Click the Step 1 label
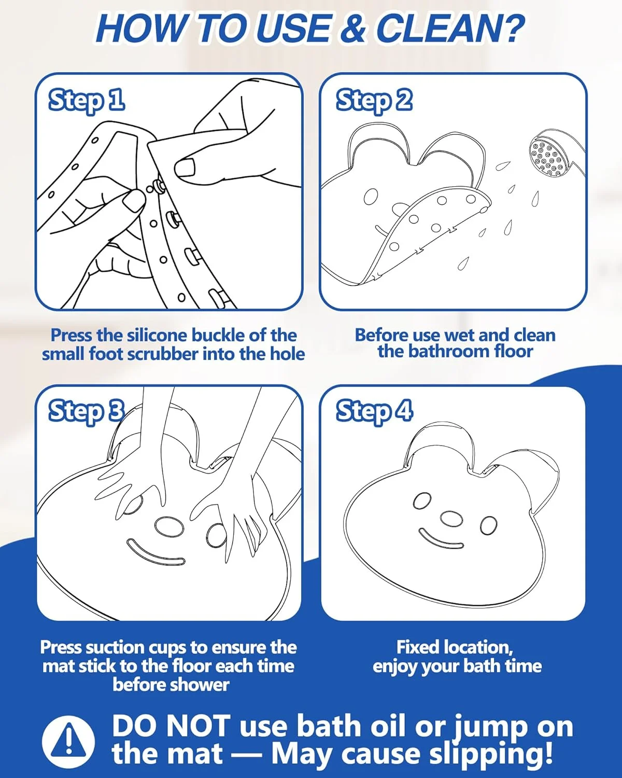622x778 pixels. point(87,101)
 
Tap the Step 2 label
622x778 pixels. point(374,101)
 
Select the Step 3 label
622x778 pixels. point(87,412)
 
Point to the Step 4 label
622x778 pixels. point(374,412)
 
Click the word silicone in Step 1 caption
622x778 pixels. point(158,336)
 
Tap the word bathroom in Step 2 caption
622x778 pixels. point(445,352)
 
